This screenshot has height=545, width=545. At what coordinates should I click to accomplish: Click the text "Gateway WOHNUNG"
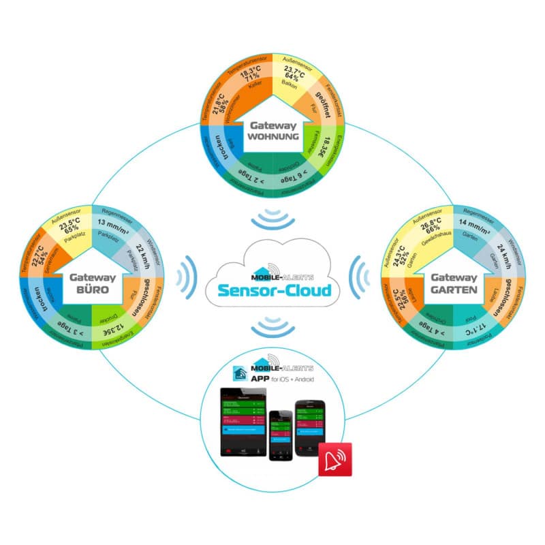click(274, 131)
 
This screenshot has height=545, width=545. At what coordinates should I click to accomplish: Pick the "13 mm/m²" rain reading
click(114, 223)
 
